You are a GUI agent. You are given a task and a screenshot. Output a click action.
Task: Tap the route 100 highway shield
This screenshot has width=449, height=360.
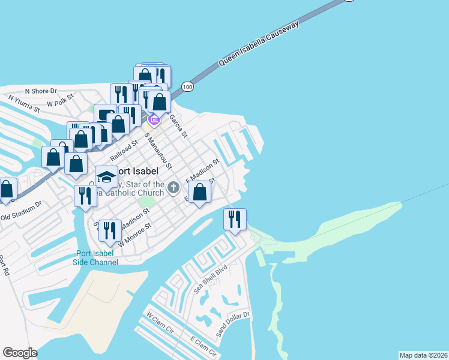(188, 87)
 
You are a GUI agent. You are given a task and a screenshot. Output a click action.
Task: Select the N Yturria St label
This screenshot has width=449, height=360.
(23, 104)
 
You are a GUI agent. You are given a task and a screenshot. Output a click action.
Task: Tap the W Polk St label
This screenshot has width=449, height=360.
(60, 100)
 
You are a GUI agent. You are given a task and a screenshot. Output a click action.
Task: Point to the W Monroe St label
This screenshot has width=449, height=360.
(134, 235)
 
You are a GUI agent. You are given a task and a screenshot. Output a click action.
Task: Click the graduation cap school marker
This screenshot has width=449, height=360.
(106, 176)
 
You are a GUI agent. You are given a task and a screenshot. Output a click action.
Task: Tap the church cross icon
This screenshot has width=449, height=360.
(173, 188)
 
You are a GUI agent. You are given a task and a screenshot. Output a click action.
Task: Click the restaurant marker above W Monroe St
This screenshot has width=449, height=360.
(110, 230)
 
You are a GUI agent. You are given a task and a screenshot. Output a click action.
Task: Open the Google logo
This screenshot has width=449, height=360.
(20, 353)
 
